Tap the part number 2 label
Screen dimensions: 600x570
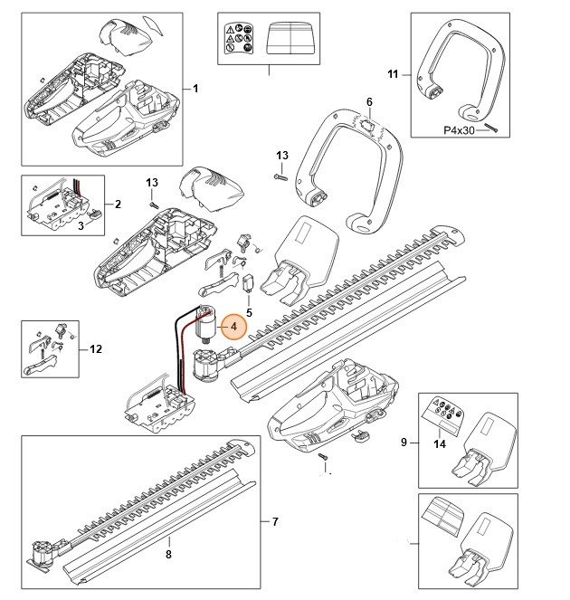[x=118, y=205]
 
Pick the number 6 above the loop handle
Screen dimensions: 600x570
[x=369, y=101]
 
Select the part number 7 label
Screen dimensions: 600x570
[x=275, y=522]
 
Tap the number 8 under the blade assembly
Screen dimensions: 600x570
[x=167, y=553]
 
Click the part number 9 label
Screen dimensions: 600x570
[x=404, y=442]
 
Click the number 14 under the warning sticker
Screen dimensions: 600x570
[x=440, y=443]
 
